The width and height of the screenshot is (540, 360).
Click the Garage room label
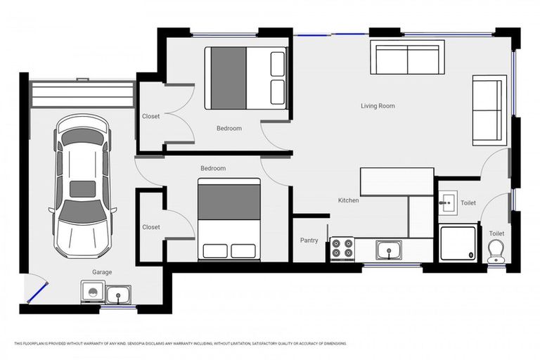[x=101, y=271]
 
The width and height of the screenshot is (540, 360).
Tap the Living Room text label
[x=378, y=106]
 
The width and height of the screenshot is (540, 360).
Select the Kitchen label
[x=348, y=200]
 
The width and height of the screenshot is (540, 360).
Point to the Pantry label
[x=309, y=240]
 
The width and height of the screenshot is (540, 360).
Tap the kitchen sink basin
[x=387, y=249]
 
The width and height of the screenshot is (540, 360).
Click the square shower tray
[x=458, y=243]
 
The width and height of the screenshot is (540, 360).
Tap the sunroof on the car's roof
[x=83, y=188]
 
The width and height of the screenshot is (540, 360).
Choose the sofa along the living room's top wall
[x=406, y=57]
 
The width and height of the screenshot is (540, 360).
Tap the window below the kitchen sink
[x=392, y=265]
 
